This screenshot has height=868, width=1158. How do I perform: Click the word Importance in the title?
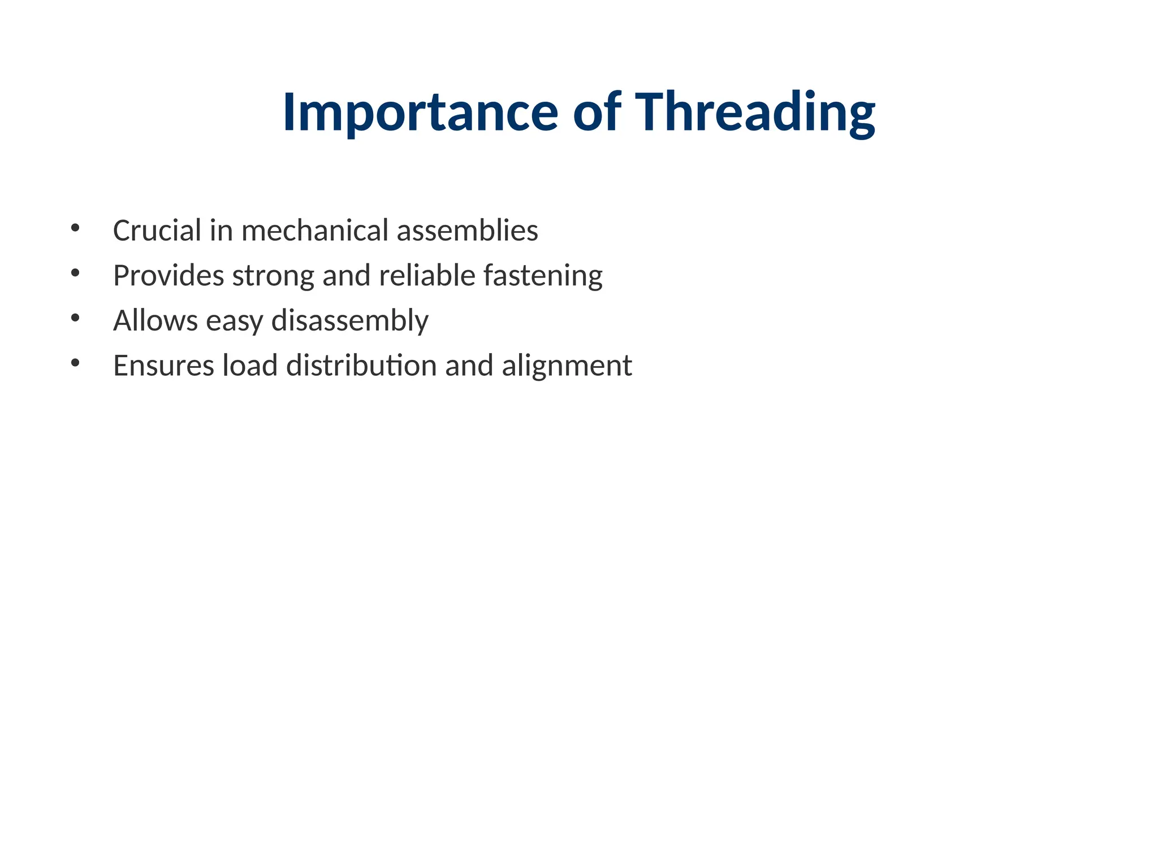(x=420, y=112)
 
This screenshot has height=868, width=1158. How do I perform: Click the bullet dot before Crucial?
(x=75, y=228)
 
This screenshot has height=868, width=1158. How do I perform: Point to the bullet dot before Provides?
(x=75, y=274)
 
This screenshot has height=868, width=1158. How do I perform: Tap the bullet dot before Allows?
(x=75, y=318)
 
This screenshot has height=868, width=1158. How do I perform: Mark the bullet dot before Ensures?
(x=75, y=363)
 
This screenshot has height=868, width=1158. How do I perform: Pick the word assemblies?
(x=467, y=231)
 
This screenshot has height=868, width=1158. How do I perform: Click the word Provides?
(x=168, y=276)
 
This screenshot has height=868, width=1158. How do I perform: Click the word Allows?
(x=155, y=320)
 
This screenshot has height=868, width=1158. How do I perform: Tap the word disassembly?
(x=350, y=321)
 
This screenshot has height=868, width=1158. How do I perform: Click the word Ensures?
(x=163, y=366)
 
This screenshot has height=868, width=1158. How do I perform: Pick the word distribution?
(x=361, y=366)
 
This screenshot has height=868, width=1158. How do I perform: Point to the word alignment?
(x=567, y=366)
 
